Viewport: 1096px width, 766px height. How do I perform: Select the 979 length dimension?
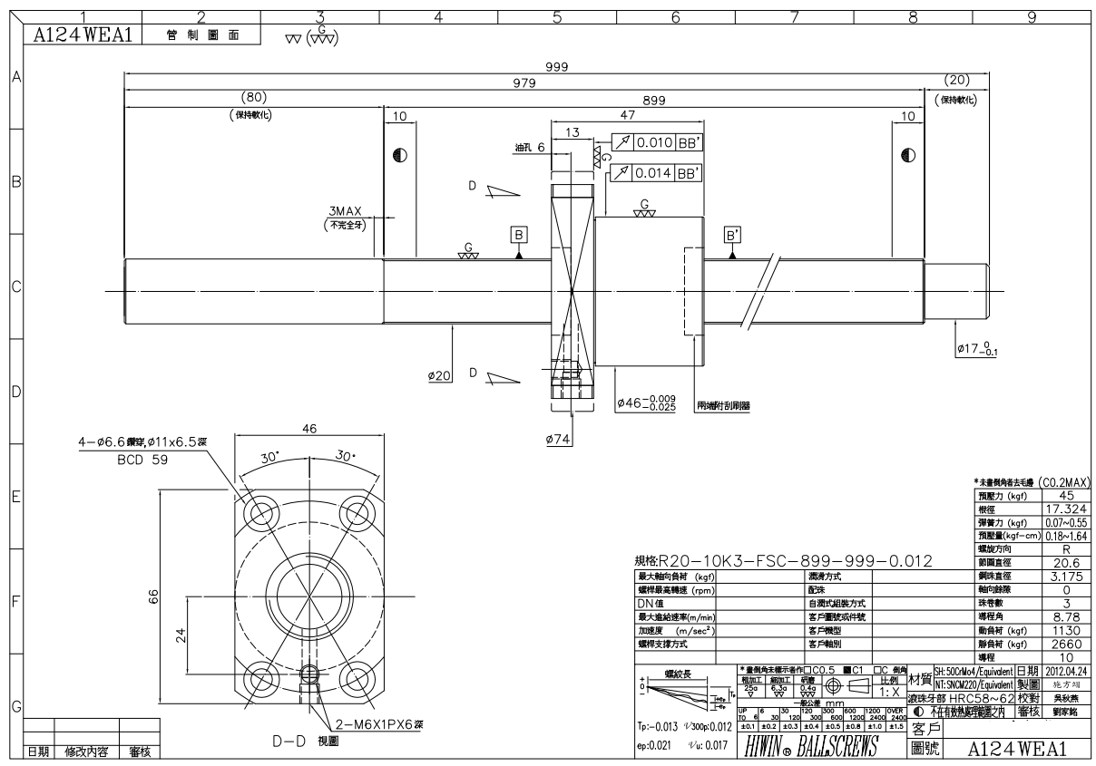pyautogui.click(x=525, y=83)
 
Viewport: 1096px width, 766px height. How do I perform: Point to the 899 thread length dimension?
pyautogui.click(x=653, y=102)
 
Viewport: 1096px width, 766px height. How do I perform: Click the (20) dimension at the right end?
pyautogui.click(x=957, y=80)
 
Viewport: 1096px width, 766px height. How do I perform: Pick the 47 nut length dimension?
pyautogui.click(x=625, y=116)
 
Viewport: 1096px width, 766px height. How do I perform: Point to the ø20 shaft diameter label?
pyautogui.click(x=440, y=376)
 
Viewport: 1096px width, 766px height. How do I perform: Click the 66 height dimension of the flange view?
pyautogui.click(x=154, y=596)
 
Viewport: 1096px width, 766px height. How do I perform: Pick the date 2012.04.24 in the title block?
pyautogui.click(x=1065, y=670)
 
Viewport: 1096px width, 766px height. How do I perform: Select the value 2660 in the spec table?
pyautogui.click(x=1064, y=643)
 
